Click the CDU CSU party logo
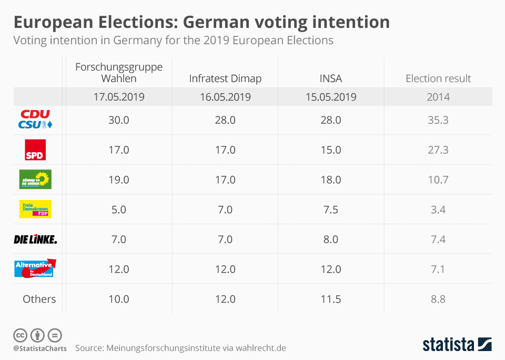pos(36,119)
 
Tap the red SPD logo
pos(36,149)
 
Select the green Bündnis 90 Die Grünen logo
pos(35,179)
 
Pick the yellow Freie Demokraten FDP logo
pos(35,209)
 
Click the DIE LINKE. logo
pos(35,239)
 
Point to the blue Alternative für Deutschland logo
pos(35,268)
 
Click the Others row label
pos(39,299)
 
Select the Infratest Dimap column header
pos(225,78)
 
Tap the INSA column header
pos(330,78)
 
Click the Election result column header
pos(438,78)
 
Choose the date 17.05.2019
pos(119,97)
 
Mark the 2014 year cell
pos(438,97)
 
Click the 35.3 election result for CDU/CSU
pos(438,120)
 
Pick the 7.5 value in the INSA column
pos(330,209)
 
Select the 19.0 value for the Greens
pos(119,179)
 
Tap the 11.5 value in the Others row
pos(330,299)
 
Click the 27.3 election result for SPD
pos(438,149)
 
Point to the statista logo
pos(457,345)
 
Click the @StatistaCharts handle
pos(40,348)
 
